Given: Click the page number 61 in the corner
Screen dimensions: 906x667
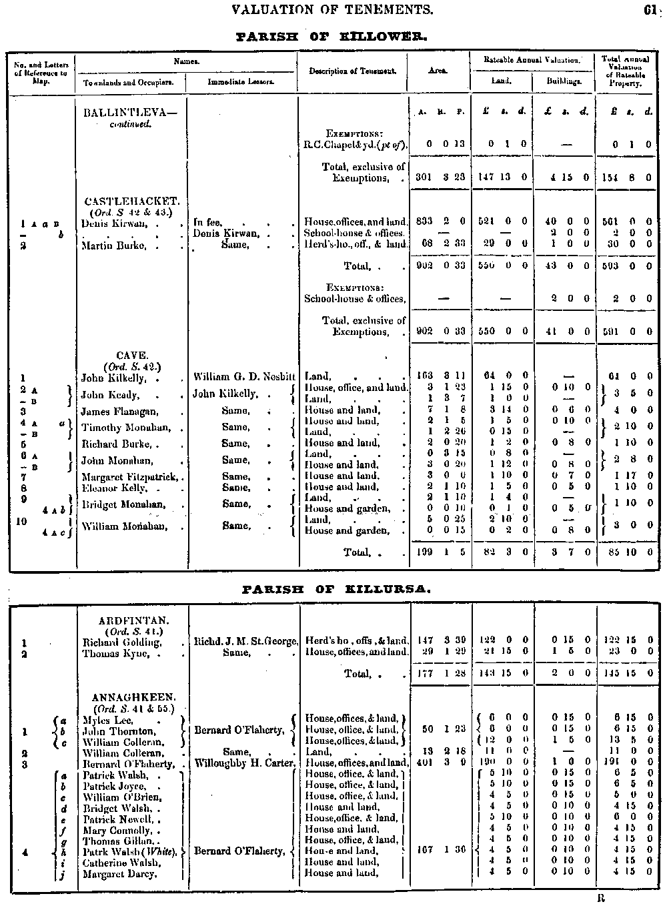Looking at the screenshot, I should point(650,9).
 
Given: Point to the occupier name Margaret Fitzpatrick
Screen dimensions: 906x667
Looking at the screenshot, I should point(131,476).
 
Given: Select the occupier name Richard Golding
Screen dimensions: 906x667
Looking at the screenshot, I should point(122,642).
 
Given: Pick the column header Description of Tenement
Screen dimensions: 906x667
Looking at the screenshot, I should point(353,71).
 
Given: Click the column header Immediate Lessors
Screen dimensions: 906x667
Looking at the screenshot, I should point(241,82).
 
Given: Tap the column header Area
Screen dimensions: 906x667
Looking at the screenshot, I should point(438,70).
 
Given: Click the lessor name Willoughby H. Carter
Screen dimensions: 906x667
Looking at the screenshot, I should point(245,763).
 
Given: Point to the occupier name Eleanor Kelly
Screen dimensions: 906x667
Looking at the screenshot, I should point(114,488).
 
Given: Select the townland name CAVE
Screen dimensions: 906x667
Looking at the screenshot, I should point(132,356).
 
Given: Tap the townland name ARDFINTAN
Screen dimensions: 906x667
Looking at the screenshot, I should point(131,620).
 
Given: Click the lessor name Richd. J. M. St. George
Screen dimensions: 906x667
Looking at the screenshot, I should point(245,642).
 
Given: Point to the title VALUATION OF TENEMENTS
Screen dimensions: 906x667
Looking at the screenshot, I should point(331,9).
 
